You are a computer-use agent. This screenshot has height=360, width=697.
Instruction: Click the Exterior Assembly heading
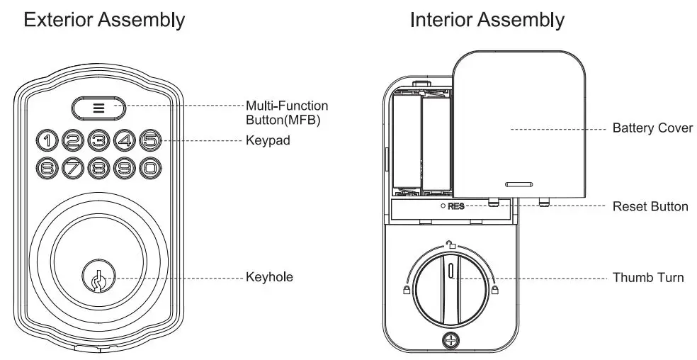coord(104,20)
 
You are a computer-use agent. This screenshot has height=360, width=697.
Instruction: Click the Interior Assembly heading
coord(487,20)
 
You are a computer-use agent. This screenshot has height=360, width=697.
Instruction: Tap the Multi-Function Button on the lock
coord(98,108)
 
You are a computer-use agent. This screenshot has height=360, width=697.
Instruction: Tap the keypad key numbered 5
coord(149,140)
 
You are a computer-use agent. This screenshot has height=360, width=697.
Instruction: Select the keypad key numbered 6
coord(47,168)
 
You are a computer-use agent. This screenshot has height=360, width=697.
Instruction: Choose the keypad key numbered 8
coord(98,168)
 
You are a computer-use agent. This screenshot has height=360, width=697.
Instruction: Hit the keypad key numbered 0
coord(149,168)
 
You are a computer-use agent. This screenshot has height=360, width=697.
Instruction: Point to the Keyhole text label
coord(269,276)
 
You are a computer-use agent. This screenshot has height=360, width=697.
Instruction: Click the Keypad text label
coord(268,140)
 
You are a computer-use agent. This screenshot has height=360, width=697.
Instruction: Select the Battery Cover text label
coord(652,129)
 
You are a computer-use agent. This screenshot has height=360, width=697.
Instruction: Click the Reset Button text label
coord(650,207)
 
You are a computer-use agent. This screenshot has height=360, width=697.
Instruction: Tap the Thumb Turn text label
coord(648,277)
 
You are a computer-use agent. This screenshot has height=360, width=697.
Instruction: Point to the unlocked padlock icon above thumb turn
coord(450,245)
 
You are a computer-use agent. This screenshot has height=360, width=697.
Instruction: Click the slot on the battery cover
coord(519,183)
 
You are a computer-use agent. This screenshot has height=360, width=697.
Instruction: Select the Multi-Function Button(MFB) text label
coord(287,112)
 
